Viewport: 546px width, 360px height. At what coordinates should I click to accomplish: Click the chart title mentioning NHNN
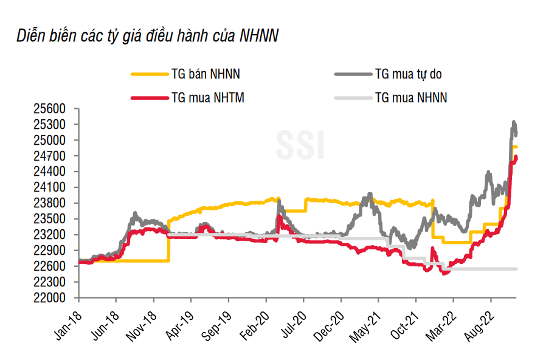coord(148,36)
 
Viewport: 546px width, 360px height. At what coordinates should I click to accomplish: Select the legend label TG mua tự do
coord(408,74)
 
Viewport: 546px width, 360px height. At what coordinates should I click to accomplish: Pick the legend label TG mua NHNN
coord(410,97)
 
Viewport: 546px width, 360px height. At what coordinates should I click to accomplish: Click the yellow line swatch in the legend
coord(149,74)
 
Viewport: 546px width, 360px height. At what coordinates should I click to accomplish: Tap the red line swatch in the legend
coord(149,97)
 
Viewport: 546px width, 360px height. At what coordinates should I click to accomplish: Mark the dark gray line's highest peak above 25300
coord(514,122)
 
